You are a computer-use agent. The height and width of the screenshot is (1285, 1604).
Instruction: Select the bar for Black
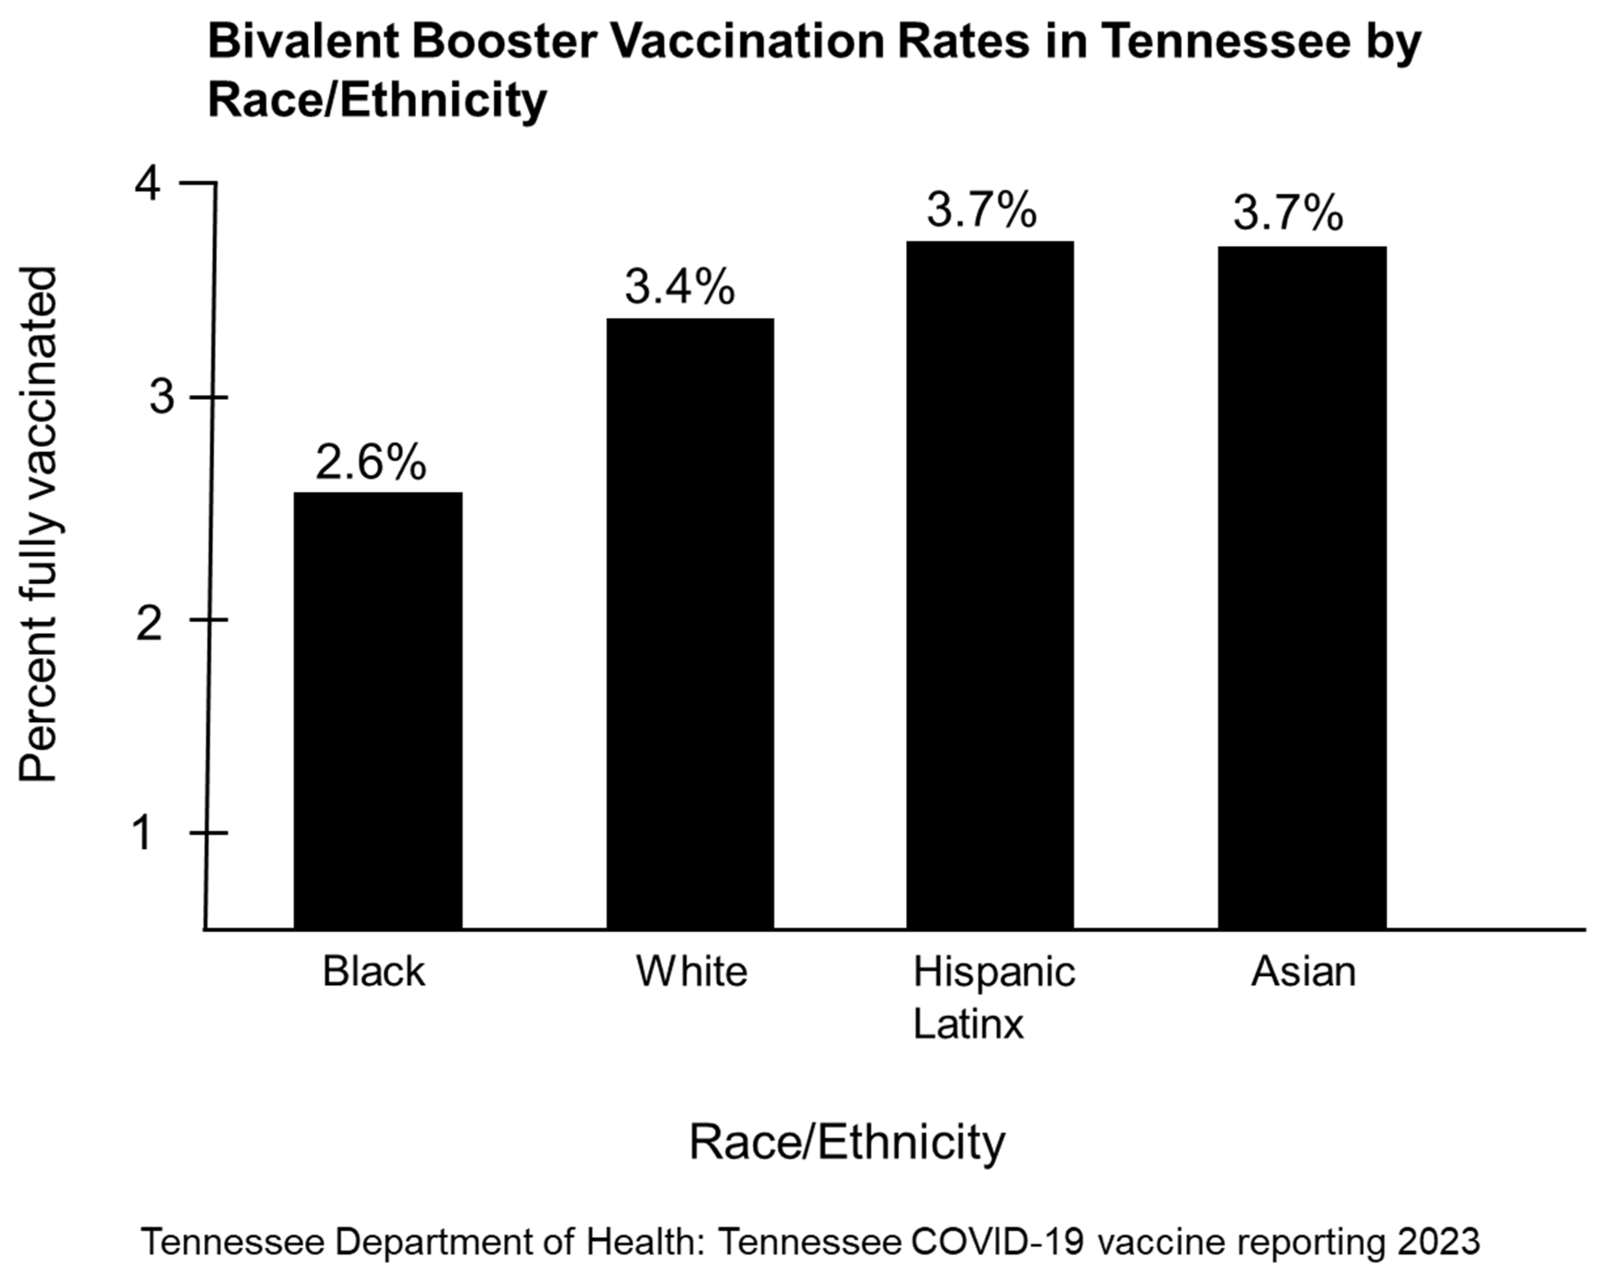[x=378, y=710]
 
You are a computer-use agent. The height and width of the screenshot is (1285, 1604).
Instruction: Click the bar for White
[x=690, y=623]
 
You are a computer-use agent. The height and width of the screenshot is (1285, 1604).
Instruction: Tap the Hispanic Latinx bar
[x=990, y=584]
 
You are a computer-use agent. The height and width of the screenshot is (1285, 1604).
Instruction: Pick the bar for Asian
[x=1302, y=588]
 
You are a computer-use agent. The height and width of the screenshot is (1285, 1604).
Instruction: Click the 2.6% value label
[x=371, y=462]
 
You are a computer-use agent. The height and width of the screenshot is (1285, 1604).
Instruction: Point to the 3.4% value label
[x=679, y=287]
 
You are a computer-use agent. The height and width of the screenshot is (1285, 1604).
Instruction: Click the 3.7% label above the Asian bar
[x=1288, y=213]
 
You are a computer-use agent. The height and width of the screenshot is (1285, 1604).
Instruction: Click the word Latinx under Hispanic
[x=968, y=1024]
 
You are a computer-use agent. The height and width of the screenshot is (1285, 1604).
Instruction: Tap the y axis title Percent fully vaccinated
[x=37, y=524]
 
